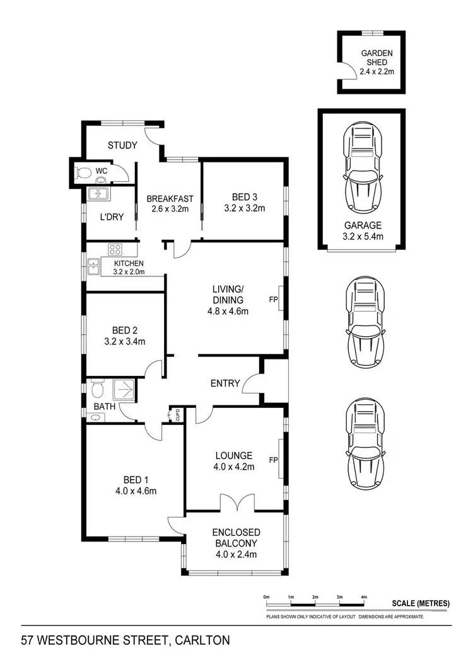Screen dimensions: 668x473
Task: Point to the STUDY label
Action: pyautogui.click(x=122, y=145)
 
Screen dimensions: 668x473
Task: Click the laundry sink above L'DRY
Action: pyautogui.click(x=98, y=194)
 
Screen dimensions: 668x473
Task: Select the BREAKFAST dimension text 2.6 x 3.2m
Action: pyautogui.click(x=170, y=209)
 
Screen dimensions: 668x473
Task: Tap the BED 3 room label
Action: pyautogui.click(x=244, y=198)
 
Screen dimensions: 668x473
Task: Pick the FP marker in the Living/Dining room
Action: pyautogui.click(x=273, y=300)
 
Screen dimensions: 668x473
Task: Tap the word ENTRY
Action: pyautogui.click(x=225, y=383)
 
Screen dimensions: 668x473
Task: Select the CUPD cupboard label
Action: pyautogui.click(x=177, y=416)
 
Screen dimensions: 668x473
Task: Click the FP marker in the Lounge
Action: pyautogui.click(x=273, y=460)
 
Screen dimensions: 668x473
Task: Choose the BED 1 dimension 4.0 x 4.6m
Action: pyautogui.click(x=135, y=491)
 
